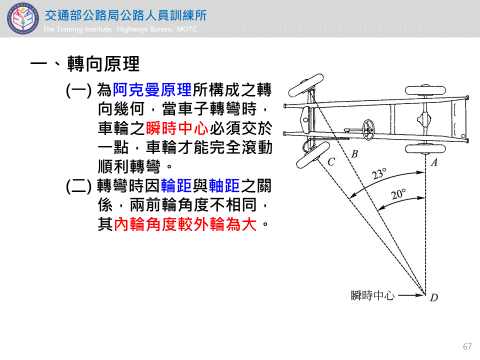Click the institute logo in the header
(23, 18)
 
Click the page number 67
(467, 346)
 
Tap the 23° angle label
(379, 173)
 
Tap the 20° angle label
(398, 194)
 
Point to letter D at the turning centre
(434, 297)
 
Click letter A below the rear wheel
(434, 162)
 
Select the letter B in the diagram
(354, 153)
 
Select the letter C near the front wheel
(331, 161)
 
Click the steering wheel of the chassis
(368, 130)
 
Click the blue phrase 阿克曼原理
(152, 90)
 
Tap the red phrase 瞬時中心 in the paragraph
(177, 128)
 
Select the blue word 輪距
(176, 186)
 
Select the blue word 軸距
(224, 186)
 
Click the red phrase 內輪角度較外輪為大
(185, 224)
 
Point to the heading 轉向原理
(103, 64)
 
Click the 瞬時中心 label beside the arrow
(372, 295)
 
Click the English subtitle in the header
(120, 29)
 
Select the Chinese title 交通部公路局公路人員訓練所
(126, 15)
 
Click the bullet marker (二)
(78, 186)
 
